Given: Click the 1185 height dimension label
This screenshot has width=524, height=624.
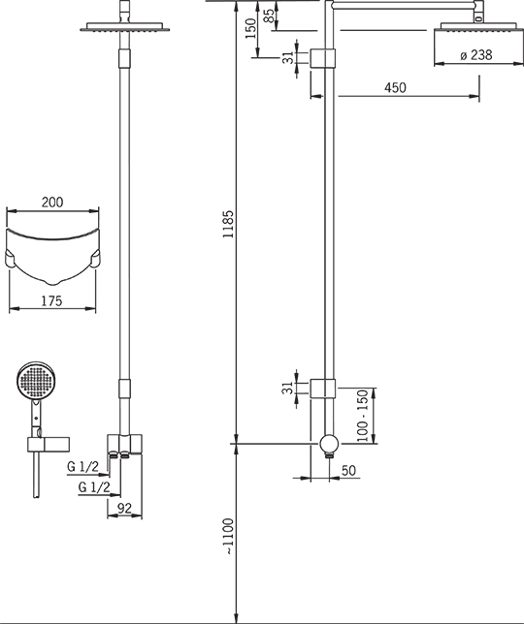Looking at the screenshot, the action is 229,224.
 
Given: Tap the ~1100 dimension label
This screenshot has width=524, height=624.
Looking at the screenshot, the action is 229,537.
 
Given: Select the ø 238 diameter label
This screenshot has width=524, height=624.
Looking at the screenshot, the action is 476,55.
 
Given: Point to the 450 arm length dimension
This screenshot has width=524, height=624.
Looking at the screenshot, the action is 395,87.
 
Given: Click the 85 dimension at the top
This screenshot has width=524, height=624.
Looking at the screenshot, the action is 270,16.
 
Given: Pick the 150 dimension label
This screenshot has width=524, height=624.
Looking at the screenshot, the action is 250,28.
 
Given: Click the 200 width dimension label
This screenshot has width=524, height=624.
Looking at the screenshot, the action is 52,203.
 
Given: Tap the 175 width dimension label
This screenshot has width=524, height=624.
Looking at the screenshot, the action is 52,300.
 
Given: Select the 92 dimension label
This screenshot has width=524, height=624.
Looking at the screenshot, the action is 124,508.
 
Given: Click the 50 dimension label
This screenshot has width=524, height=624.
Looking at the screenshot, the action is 348,470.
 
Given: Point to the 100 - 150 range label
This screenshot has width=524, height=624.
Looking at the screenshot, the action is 362,416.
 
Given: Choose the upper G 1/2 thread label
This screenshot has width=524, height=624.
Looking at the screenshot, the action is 82,466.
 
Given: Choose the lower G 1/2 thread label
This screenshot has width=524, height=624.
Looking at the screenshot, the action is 94,486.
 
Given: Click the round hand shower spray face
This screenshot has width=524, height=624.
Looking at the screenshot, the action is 37,381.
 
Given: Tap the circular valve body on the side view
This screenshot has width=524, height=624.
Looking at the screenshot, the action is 329,444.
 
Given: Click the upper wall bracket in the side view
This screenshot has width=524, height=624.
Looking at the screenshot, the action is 323,58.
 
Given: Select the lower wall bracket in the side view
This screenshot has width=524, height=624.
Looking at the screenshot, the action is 323,389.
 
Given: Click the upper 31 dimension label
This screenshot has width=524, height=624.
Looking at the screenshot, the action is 288,58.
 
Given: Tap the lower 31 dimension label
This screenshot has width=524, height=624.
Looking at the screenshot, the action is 287,388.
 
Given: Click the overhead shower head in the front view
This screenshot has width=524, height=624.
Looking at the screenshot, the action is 125,27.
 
